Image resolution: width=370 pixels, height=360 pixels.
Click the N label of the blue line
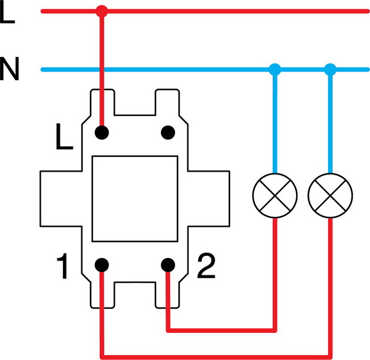tap(9, 69)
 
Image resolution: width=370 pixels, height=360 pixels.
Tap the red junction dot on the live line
tap(102, 11)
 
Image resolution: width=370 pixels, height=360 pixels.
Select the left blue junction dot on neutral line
tap(275, 69)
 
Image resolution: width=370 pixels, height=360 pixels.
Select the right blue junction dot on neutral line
tap(331, 69)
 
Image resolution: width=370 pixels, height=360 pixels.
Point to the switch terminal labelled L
tap(102, 132)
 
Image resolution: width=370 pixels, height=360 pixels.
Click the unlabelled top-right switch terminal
tap(166, 132)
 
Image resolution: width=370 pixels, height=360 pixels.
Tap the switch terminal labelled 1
tap(102, 265)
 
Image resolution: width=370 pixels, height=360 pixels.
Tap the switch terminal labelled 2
tap(166, 265)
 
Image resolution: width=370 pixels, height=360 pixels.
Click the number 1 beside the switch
tap(62, 268)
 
